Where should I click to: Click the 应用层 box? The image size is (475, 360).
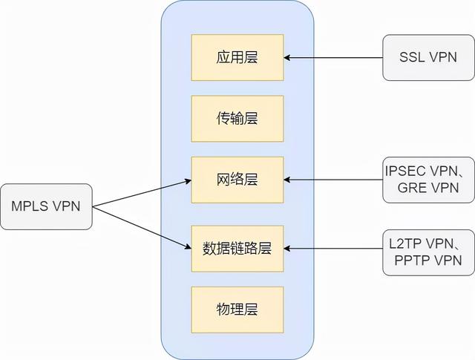237,56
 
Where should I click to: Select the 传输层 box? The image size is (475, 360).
237,118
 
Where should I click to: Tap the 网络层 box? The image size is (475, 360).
237,180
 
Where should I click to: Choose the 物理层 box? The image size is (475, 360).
237,310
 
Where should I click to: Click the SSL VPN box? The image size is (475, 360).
427,57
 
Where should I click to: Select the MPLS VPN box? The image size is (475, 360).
46,206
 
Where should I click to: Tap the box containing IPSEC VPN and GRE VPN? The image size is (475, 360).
428,180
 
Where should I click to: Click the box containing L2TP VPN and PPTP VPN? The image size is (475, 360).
428,249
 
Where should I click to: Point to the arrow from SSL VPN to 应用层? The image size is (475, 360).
334,57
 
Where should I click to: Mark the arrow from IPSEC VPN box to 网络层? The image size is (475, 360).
334,180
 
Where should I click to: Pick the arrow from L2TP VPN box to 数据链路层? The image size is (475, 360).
334,249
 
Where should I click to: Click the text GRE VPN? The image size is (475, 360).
427,189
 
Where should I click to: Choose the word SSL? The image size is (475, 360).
413,57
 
